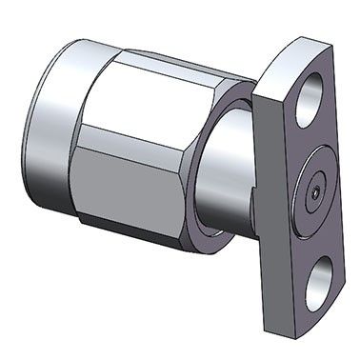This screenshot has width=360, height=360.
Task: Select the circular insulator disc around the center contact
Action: [315, 195]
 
